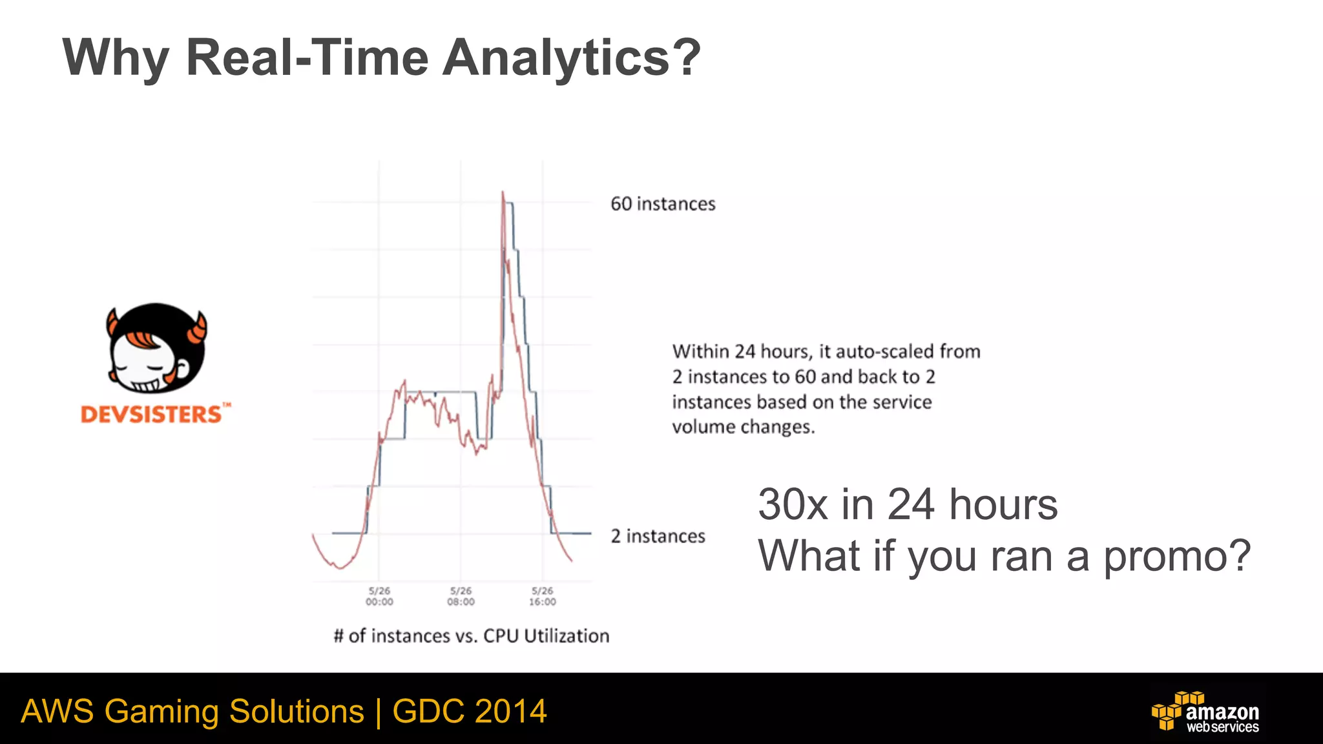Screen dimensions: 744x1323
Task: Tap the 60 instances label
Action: click(x=663, y=204)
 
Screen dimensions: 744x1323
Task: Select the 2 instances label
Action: click(x=658, y=536)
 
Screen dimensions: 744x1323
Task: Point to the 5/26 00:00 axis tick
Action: click(x=379, y=596)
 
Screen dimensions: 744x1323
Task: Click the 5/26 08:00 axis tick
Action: click(x=461, y=596)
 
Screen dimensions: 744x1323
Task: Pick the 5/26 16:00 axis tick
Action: click(x=542, y=596)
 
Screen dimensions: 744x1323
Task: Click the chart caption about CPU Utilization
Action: click(x=471, y=636)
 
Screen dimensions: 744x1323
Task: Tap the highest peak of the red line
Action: click(x=503, y=192)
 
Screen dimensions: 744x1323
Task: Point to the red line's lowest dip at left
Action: click(x=339, y=567)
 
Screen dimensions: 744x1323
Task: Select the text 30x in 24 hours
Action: click(x=907, y=504)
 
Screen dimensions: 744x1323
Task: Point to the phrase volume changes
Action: click(x=743, y=427)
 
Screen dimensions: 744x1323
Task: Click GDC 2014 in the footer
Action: click(x=470, y=711)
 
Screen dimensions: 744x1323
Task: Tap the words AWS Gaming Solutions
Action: click(x=192, y=711)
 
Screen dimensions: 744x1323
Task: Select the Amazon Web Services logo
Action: click(x=1205, y=712)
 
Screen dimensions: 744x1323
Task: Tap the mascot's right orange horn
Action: click(x=198, y=328)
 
